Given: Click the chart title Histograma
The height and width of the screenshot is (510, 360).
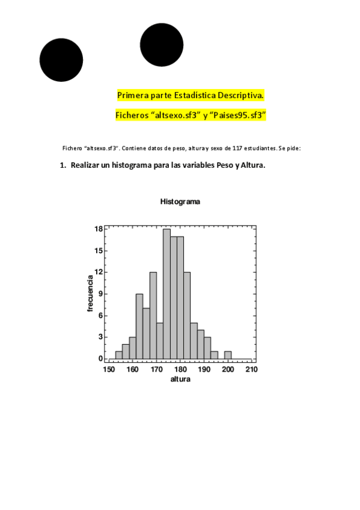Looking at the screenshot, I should point(180,202).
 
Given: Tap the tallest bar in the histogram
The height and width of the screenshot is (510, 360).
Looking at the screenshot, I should point(166,295).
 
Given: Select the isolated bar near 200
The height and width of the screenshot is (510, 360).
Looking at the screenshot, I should point(228,355).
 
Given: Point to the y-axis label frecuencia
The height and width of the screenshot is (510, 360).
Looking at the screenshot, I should point(90,293).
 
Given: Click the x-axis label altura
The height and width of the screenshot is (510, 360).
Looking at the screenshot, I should point(180,379).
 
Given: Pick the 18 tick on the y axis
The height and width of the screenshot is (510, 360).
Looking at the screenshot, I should point(99,229).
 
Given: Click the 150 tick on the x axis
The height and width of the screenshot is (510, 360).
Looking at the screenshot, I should point(109,369).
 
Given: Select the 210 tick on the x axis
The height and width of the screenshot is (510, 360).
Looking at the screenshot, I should point(251,369).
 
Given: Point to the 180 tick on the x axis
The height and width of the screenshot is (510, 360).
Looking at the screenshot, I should point(180,369).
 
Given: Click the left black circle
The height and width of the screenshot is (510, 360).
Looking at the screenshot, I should point(61,60).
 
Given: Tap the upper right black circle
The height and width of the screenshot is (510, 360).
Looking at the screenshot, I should point(162,45).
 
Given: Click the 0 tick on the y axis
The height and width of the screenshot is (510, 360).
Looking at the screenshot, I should point(101,359).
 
